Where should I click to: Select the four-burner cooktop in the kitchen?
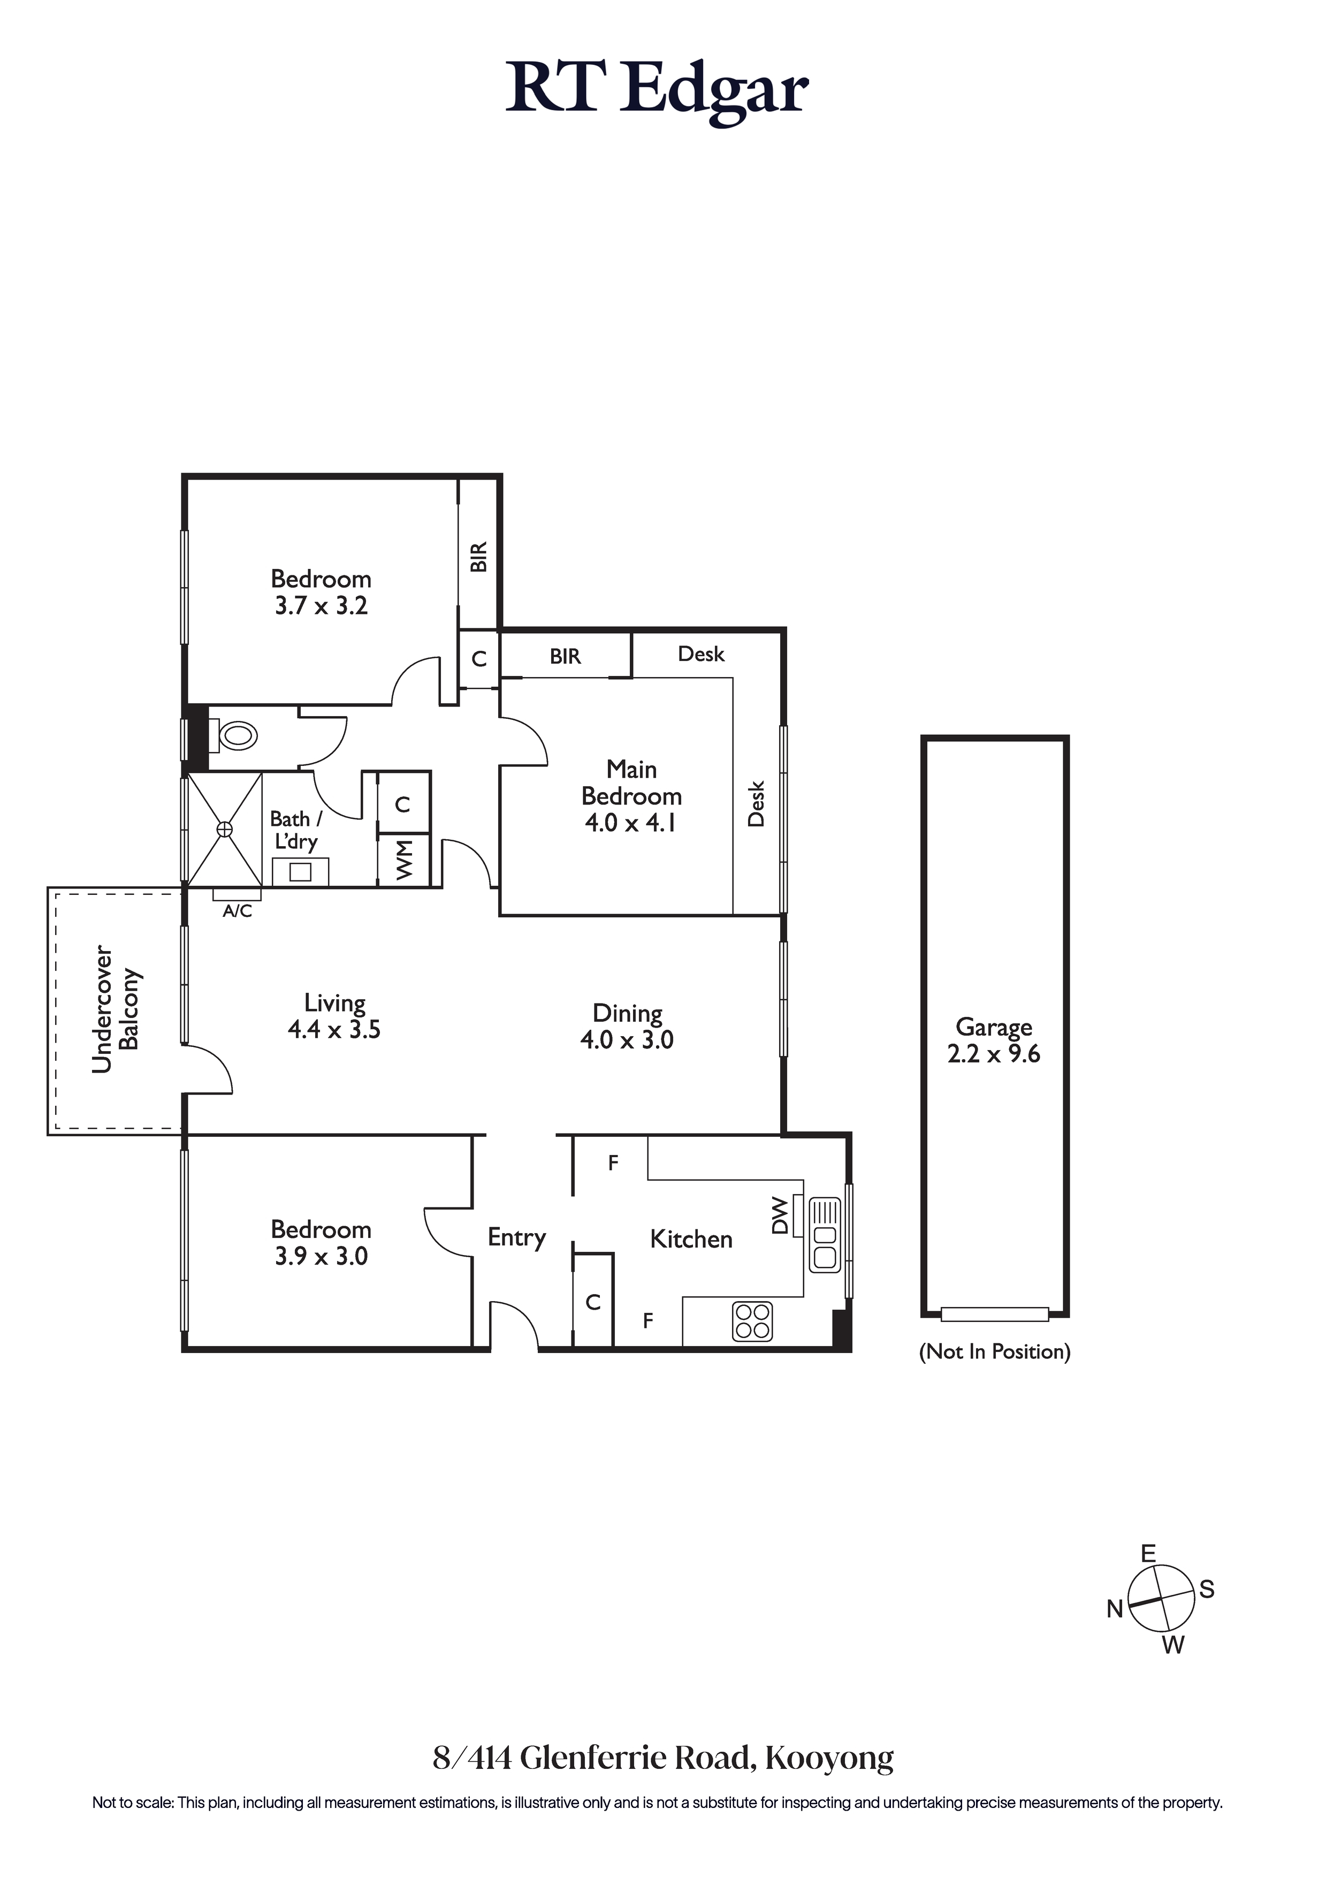click(x=752, y=1321)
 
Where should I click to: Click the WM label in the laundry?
click(x=404, y=860)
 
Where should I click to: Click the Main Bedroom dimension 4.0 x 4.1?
click(x=630, y=823)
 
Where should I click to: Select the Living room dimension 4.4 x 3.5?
click(x=334, y=1029)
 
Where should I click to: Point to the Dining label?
click(x=627, y=1014)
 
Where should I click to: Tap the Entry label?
click(x=517, y=1238)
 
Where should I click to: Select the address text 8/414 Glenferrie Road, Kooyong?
click(x=663, y=1757)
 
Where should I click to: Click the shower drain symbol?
click(x=225, y=830)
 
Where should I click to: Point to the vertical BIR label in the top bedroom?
click(x=479, y=557)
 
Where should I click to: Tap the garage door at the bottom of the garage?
click(x=994, y=1314)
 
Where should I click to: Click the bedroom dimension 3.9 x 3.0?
click(x=321, y=1257)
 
